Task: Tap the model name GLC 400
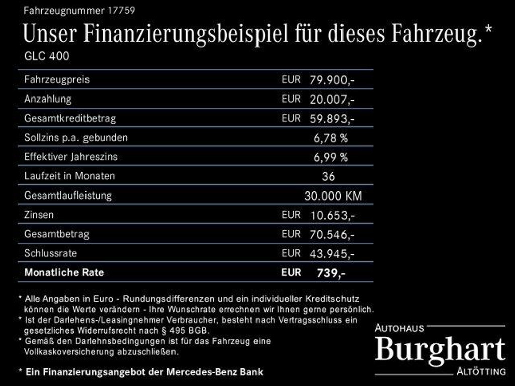click(x=47, y=56)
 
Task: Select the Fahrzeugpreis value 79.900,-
click(x=332, y=80)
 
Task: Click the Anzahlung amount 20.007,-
click(x=332, y=100)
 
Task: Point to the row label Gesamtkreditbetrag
click(x=70, y=119)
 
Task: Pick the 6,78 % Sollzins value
click(x=330, y=138)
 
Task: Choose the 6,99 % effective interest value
click(x=330, y=157)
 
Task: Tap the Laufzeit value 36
click(x=328, y=176)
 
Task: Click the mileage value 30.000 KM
click(x=332, y=196)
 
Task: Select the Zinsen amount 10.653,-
click(x=332, y=215)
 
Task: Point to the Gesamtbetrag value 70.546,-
click(x=332, y=234)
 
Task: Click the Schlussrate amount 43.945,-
click(x=332, y=253)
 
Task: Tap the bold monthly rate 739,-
click(x=330, y=273)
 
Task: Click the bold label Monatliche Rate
click(x=64, y=273)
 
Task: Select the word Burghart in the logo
click(x=440, y=350)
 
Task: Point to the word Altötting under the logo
click(x=481, y=372)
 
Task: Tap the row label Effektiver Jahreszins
click(x=70, y=157)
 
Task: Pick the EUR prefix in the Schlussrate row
click(x=291, y=253)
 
